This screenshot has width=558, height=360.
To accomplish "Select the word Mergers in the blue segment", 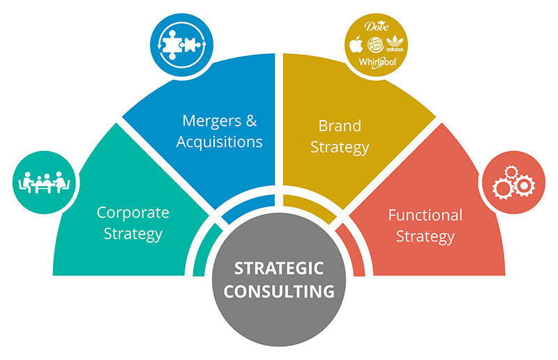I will [206, 120].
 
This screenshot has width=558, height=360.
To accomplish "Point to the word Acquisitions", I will [219, 142].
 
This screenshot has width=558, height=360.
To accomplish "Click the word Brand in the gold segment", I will [340, 126].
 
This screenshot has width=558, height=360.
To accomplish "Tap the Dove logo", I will [376, 27].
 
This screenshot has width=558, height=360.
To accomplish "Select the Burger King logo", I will [377, 45].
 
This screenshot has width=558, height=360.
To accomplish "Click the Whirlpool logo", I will [377, 63].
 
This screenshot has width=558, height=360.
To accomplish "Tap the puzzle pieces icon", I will [178, 40].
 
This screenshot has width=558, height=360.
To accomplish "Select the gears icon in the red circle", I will [511, 181].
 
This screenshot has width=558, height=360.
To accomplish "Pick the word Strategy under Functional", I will [425, 237].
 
